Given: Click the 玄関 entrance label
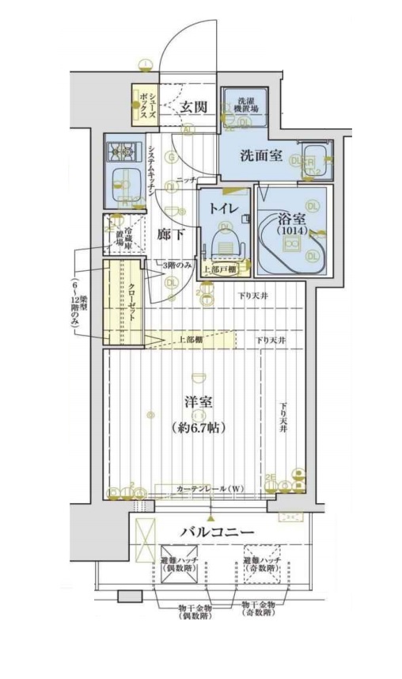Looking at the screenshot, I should [x=193, y=107].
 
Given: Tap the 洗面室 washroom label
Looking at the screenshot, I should [x=261, y=154].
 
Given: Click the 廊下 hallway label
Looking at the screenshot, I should [x=170, y=235].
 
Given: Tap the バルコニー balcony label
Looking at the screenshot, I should [x=216, y=531].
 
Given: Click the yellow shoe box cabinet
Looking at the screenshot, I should [x=145, y=106].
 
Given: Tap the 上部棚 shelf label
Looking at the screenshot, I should [x=191, y=340].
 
